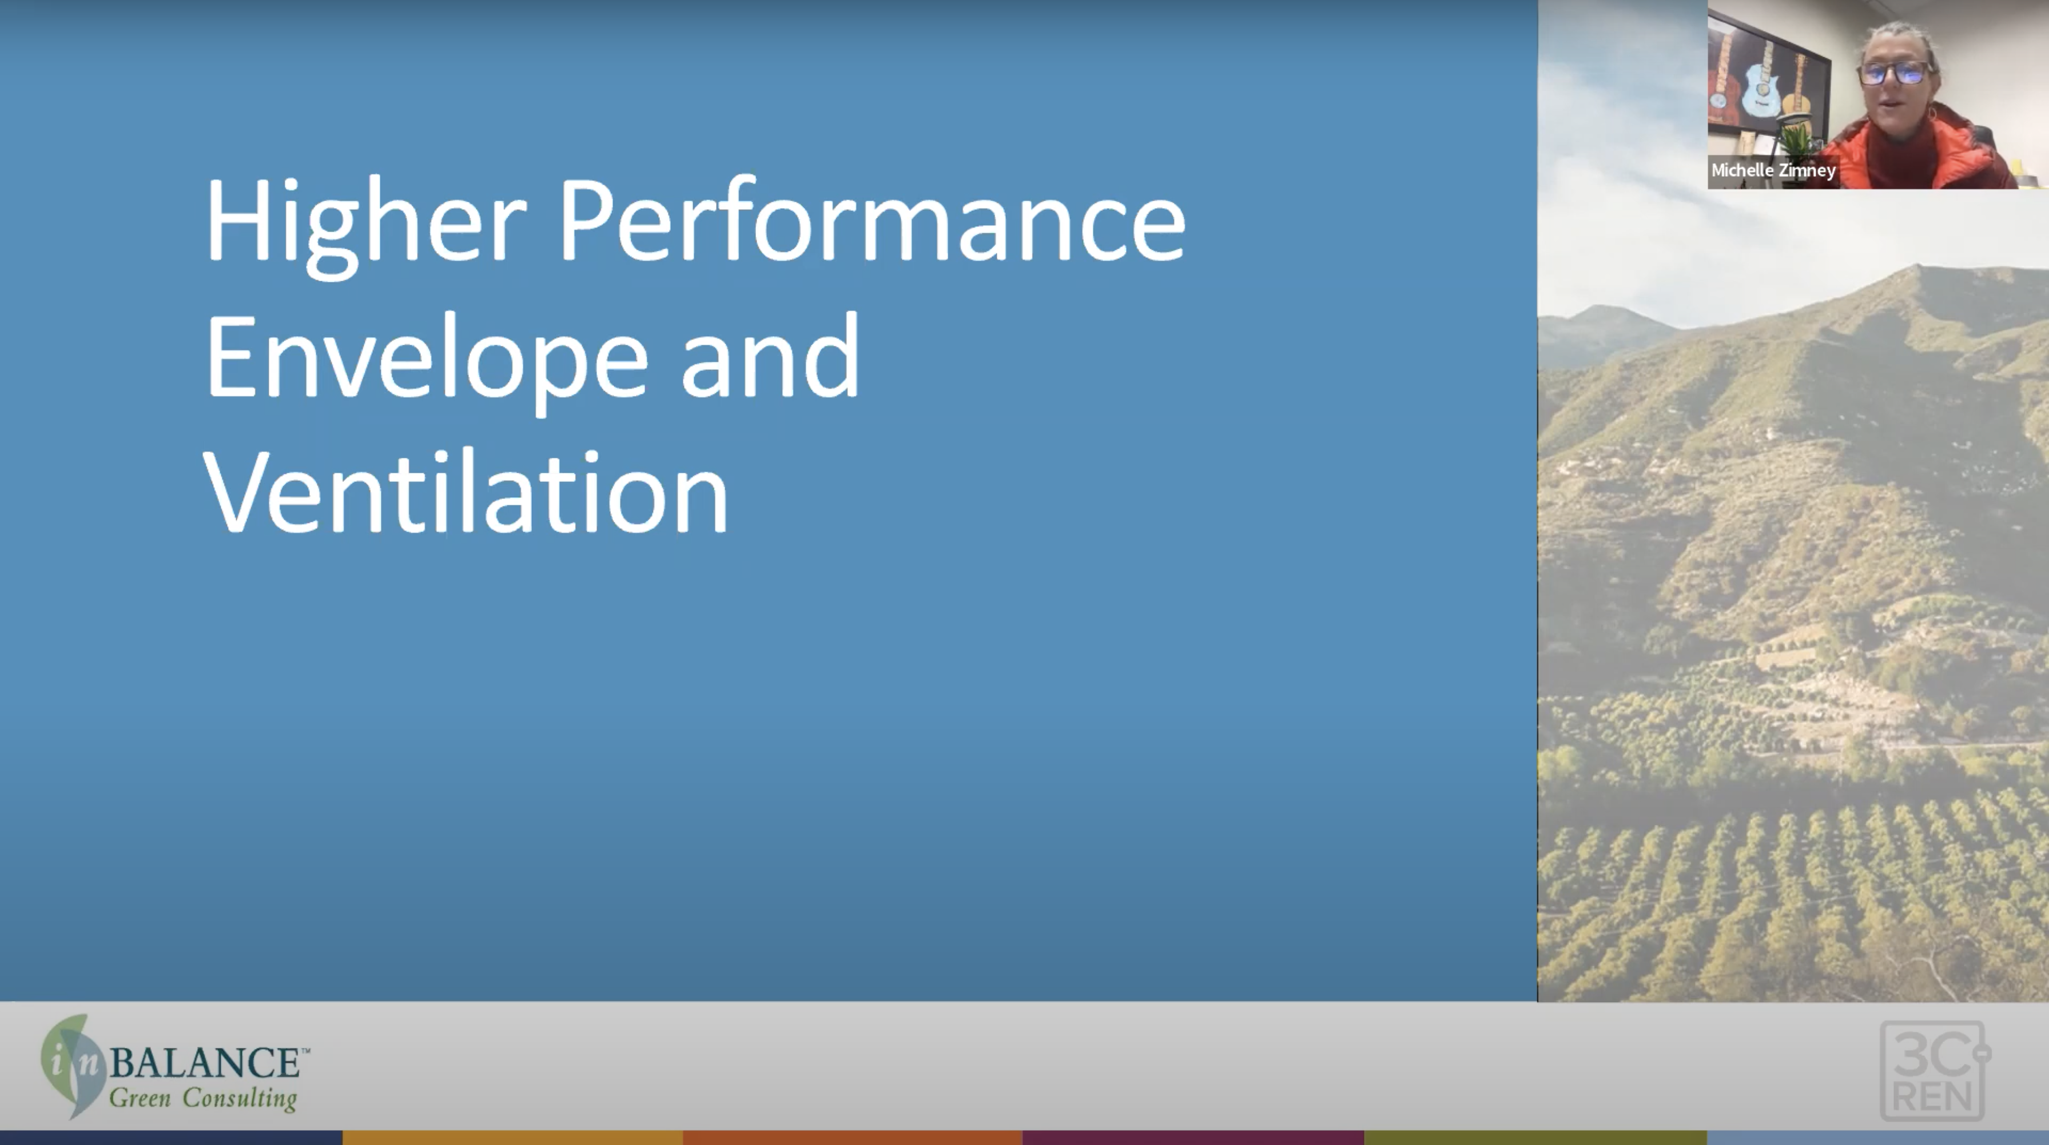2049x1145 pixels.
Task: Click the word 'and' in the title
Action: (x=770, y=354)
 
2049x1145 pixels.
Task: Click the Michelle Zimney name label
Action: (x=1773, y=171)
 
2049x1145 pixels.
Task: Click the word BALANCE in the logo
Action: (x=204, y=1062)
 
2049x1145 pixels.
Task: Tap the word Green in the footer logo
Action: (x=140, y=1099)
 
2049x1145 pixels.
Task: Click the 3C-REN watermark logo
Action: (x=1933, y=1070)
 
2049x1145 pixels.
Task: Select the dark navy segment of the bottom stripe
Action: (x=171, y=1138)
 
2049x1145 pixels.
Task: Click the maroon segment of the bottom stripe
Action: (x=1193, y=1138)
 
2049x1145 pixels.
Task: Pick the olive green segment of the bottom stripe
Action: (x=1535, y=1138)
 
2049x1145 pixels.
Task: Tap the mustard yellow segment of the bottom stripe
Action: (x=512, y=1138)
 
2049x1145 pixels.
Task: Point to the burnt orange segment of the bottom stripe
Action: (x=853, y=1138)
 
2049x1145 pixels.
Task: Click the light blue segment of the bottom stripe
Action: (x=1878, y=1138)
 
